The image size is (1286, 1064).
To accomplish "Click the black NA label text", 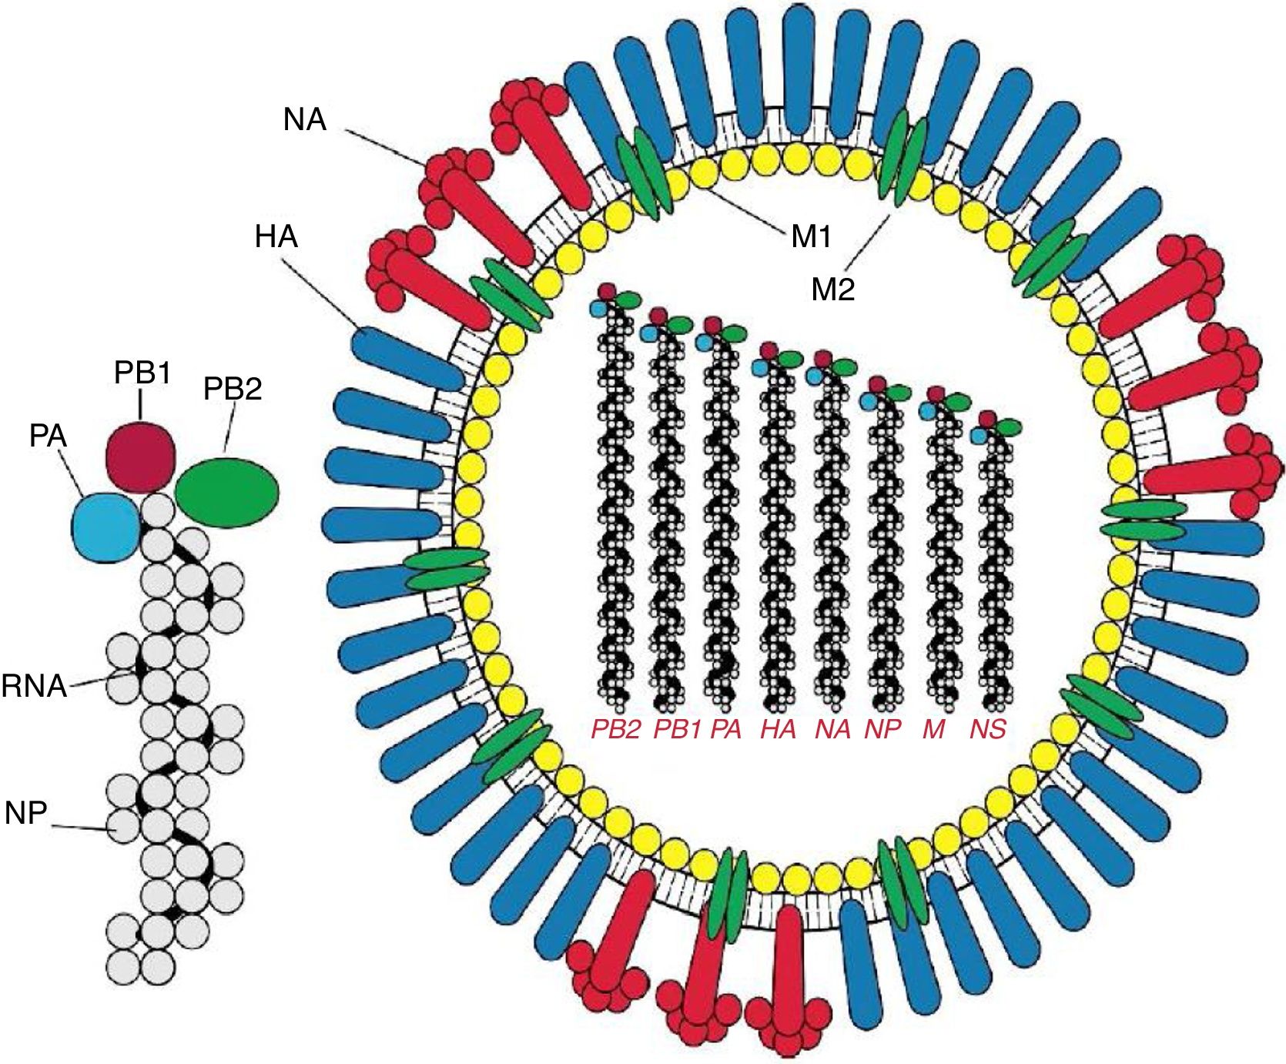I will [305, 120].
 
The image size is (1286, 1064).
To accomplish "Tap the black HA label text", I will [276, 237].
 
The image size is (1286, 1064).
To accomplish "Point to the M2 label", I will [833, 290].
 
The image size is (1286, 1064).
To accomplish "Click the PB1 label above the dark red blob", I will [142, 373].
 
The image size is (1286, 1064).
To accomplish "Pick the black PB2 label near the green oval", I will [233, 390].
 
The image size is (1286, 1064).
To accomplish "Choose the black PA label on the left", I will [48, 437].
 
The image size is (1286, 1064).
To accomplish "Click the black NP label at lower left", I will [25, 812].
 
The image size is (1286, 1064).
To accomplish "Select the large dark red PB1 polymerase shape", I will [141, 457].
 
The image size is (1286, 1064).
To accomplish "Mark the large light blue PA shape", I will [106, 527].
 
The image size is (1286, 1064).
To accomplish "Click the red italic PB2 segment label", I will [615, 729].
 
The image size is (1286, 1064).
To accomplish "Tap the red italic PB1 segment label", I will [677, 729].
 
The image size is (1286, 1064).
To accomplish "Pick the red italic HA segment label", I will [778, 729].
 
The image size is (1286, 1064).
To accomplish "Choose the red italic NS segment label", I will [988, 729].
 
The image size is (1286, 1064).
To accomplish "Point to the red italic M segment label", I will [933, 729].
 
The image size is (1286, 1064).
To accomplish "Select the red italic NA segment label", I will [832, 729].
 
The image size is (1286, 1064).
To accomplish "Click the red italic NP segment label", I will [882, 729].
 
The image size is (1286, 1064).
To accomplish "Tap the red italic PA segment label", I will [725, 729].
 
